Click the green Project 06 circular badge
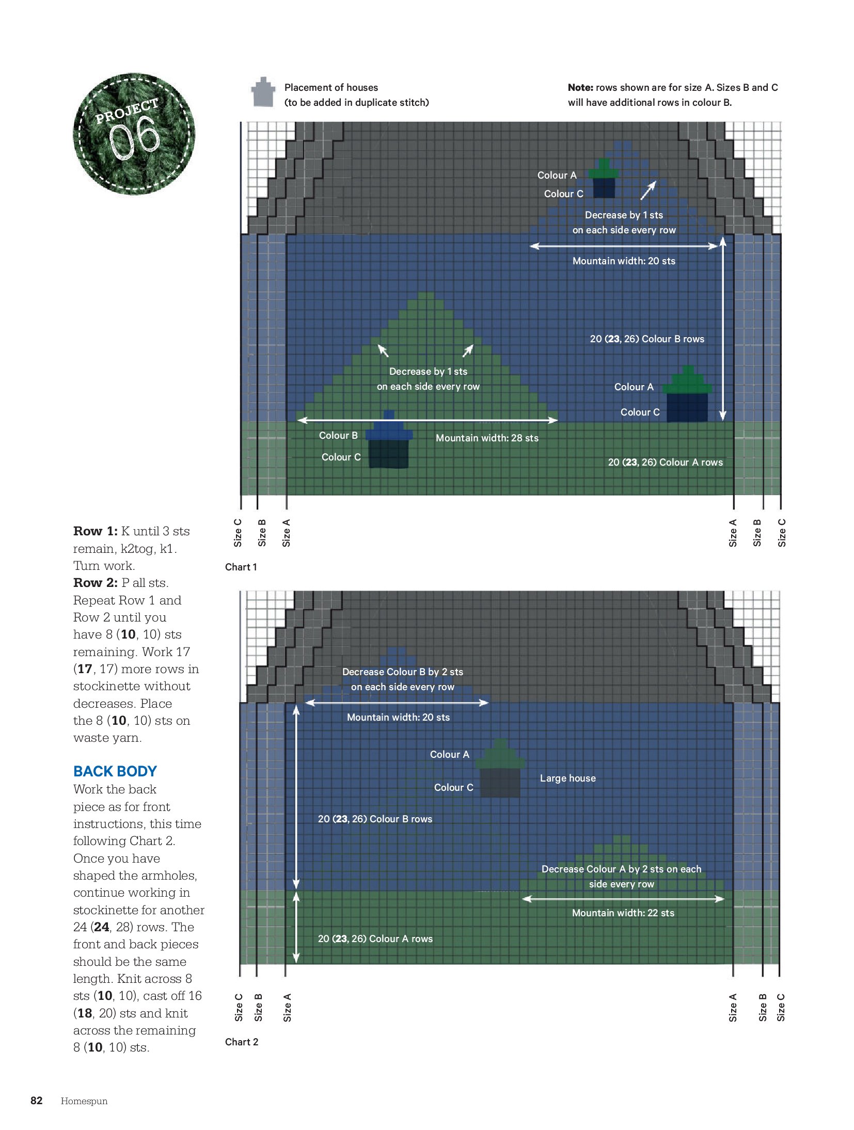point(134,134)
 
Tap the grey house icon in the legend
point(263,92)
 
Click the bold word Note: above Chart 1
point(580,87)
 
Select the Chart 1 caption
point(241,567)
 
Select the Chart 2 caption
point(242,1042)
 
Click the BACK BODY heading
point(115,771)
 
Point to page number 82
point(37,1100)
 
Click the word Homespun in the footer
point(84,1101)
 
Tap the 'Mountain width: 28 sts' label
point(487,438)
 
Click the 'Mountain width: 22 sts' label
point(623,913)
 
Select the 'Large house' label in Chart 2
point(568,778)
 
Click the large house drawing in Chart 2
point(500,768)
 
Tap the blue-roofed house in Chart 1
point(389,439)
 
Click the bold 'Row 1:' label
point(96,531)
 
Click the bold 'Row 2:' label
point(96,583)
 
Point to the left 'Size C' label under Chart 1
point(238,533)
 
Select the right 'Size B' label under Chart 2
point(763,1008)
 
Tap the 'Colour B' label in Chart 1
point(338,435)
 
